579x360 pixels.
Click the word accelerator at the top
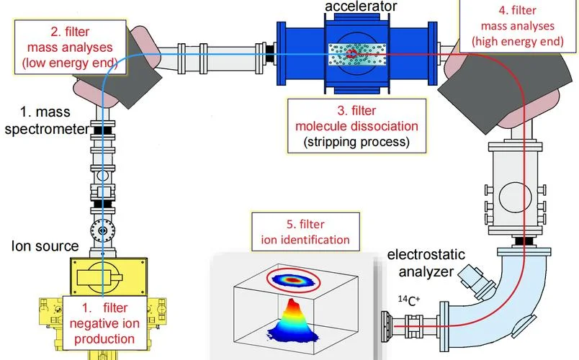[361, 6]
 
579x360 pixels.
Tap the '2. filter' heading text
[70, 32]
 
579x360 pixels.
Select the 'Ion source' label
[45, 246]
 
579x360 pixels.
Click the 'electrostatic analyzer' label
[426, 263]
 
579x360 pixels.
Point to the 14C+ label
[409, 300]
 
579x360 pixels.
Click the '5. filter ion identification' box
[305, 232]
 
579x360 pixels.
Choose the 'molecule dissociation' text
[356, 126]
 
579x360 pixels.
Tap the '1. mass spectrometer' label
[47, 120]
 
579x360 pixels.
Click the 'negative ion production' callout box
[104, 323]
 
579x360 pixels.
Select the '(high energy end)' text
[518, 41]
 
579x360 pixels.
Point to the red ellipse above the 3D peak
[294, 281]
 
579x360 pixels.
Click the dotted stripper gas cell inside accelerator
[357, 55]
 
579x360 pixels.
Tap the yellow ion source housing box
[109, 277]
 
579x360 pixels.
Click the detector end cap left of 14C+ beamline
[386, 326]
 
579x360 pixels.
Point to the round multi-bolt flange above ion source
[103, 231]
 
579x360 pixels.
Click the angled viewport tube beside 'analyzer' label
[477, 282]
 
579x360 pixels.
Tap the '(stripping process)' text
[356, 142]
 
